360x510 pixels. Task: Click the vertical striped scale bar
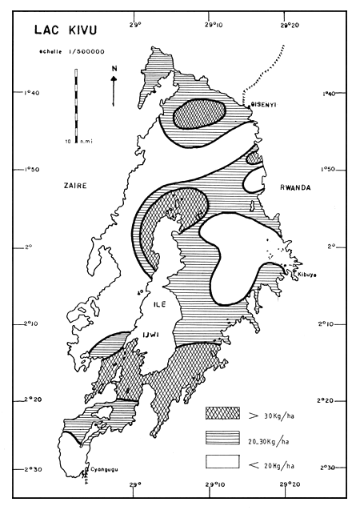coord(77,103)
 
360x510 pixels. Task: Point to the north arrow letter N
coord(114,69)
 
